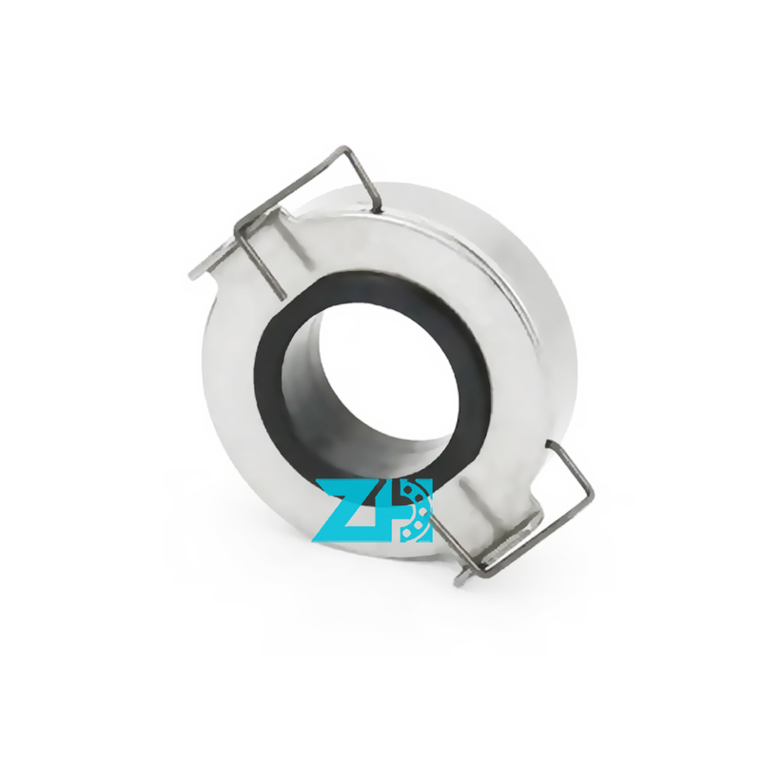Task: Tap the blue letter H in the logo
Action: tap(413, 511)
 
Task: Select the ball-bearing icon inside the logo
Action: tap(414, 511)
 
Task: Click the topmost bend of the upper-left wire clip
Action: tap(345, 149)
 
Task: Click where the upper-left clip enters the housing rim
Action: tap(380, 209)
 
